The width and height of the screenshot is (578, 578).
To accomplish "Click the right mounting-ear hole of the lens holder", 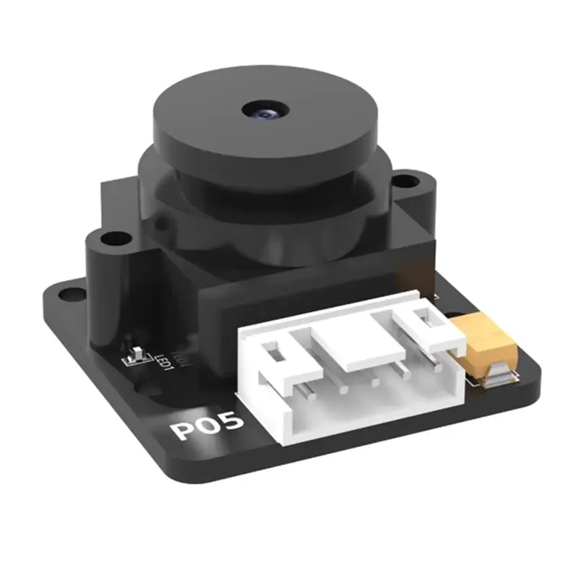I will click(407, 178).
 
